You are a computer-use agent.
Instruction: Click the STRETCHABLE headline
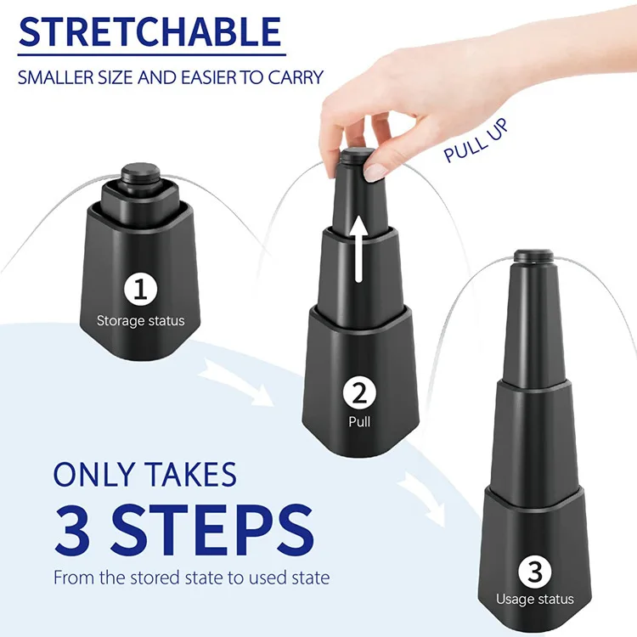(149, 31)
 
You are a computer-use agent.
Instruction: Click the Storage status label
(140, 321)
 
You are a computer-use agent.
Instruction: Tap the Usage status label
(534, 600)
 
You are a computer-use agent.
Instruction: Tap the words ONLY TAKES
(144, 474)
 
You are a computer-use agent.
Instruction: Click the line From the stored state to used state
(191, 578)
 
